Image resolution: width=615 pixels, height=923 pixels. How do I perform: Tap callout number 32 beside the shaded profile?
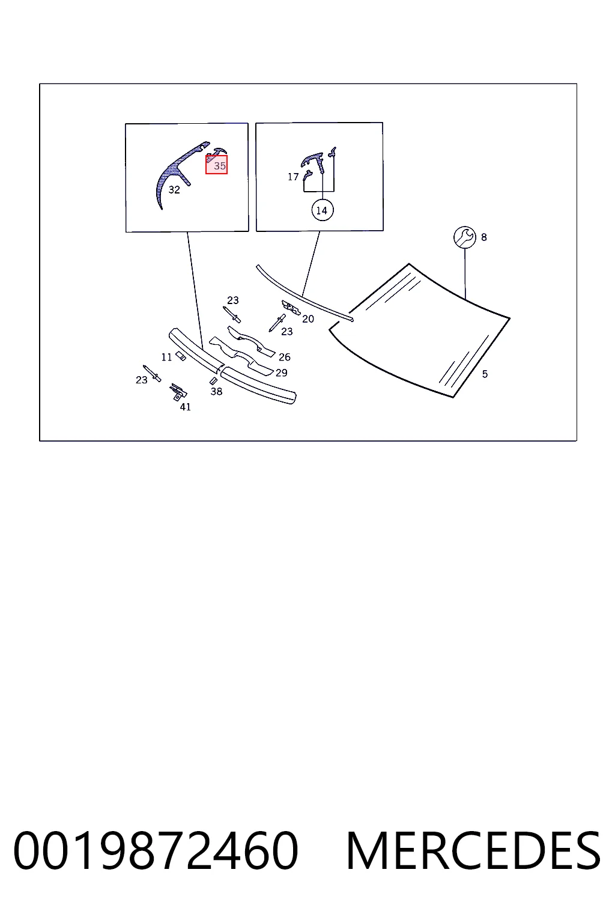tap(174, 189)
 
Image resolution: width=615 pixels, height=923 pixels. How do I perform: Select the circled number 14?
tap(322, 210)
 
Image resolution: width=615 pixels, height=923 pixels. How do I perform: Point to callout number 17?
tap(293, 177)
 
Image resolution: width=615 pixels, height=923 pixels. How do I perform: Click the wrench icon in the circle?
tap(465, 237)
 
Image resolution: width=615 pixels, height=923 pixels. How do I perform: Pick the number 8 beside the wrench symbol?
tap(484, 237)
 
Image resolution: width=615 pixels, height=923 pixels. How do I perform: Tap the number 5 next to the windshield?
tap(485, 374)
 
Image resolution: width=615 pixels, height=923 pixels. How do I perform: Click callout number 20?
tap(308, 319)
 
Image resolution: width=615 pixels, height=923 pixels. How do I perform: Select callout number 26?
tap(285, 357)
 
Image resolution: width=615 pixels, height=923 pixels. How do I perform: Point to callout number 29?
tap(281, 373)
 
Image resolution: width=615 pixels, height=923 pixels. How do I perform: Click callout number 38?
tap(216, 391)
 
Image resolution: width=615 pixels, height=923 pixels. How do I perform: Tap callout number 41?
tap(186, 407)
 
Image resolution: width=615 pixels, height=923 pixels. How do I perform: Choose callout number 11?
tap(166, 358)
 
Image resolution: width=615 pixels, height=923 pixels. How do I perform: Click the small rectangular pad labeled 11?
tap(180, 356)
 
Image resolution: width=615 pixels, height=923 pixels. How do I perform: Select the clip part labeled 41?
tap(178, 391)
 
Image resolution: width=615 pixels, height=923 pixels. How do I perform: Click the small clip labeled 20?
tap(291, 307)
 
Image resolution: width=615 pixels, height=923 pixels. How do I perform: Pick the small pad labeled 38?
tap(213, 381)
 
